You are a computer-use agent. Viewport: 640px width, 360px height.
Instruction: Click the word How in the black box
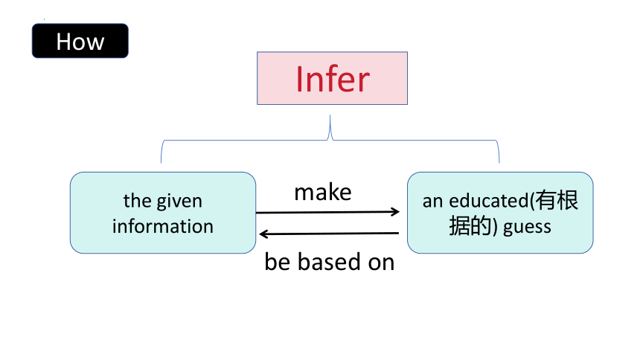tap(80, 42)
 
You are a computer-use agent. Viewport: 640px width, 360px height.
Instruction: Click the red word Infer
tap(333, 79)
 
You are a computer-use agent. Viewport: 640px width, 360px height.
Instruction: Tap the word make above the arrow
tap(323, 192)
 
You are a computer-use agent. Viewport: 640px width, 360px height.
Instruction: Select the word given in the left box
tap(179, 202)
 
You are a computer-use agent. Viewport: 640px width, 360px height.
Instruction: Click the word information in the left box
tap(163, 226)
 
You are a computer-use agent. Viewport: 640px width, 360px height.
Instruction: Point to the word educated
tap(489, 201)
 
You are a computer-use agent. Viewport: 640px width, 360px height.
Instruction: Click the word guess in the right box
tap(527, 228)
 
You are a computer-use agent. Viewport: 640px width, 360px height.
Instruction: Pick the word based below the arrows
tap(330, 262)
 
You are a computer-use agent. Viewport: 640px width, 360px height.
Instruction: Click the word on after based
tap(381, 263)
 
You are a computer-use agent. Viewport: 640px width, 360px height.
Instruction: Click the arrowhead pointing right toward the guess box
tap(395, 211)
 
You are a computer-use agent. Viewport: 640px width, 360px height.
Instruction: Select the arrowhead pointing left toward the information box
tap(264, 234)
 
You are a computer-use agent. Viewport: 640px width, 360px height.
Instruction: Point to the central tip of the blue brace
tap(330, 115)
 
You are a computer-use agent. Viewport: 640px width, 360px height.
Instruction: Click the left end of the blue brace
tap(161, 162)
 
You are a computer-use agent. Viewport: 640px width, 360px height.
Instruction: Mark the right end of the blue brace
tap(499, 162)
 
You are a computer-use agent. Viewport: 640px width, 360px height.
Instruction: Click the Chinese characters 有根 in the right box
tap(557, 200)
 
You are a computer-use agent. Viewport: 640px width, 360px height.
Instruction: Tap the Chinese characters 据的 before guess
tap(470, 226)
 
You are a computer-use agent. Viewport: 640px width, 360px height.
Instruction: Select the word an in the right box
tap(432, 202)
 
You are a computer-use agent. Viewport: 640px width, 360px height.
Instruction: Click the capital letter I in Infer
tap(299, 79)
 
